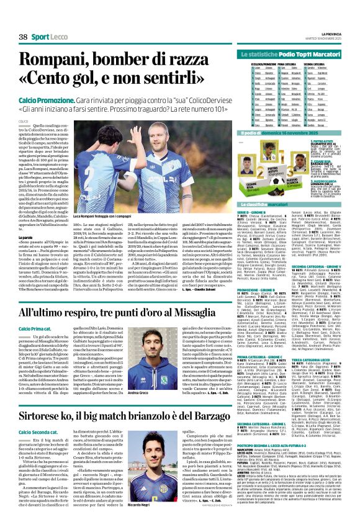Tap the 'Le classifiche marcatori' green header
tap(265, 204)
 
